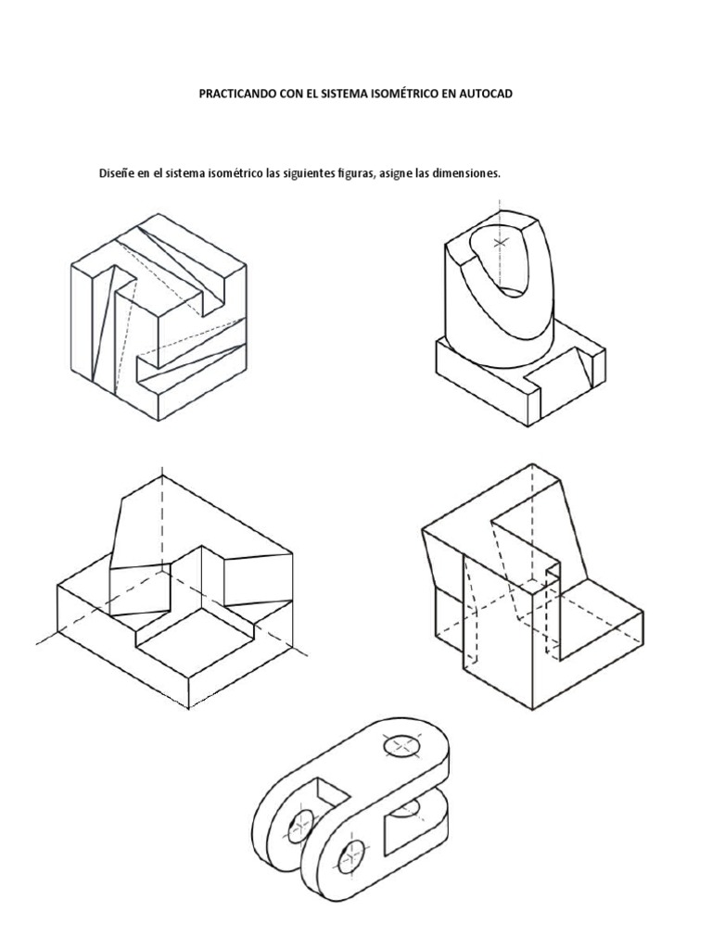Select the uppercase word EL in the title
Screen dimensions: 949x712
(x=317, y=94)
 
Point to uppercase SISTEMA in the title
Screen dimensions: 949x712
(x=351, y=94)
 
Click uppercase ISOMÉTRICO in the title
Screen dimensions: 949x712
(x=413, y=94)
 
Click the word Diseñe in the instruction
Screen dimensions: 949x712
(x=116, y=174)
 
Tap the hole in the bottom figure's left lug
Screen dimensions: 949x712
(x=301, y=821)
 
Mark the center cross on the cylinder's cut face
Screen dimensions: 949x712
(x=502, y=243)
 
